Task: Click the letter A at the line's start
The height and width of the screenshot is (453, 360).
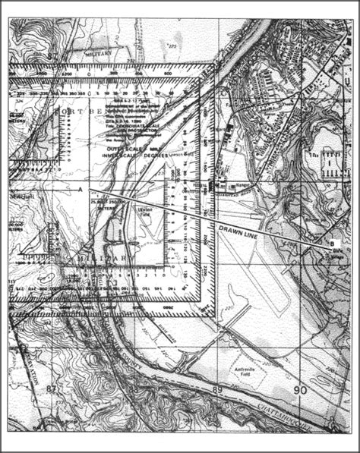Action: click(x=81, y=187)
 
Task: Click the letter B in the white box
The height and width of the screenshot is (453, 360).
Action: click(x=331, y=243)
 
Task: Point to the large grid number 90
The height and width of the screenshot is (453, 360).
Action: click(x=300, y=389)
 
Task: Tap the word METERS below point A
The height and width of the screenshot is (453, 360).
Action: click(x=98, y=204)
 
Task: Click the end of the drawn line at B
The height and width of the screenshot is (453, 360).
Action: click(x=325, y=243)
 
